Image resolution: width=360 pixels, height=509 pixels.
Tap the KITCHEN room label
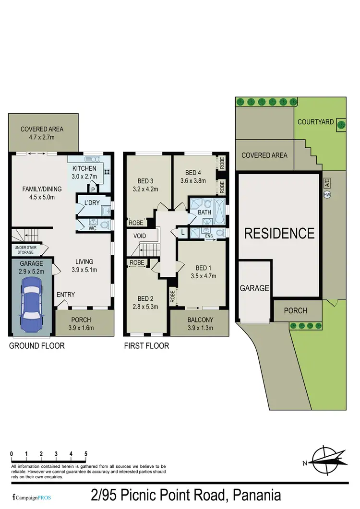point(84,168)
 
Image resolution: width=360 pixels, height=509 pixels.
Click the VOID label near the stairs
point(140,236)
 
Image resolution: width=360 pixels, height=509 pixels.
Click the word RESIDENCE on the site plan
point(280,234)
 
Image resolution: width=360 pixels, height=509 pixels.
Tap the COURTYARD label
point(315,122)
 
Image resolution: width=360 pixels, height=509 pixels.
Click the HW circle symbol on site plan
point(327,194)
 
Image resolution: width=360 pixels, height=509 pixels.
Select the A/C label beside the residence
point(327,183)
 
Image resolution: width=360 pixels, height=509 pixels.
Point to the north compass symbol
point(326,458)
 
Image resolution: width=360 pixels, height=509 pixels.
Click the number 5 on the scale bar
point(86,453)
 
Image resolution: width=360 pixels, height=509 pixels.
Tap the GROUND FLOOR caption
point(36,345)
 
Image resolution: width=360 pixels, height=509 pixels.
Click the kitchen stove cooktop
point(106,172)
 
